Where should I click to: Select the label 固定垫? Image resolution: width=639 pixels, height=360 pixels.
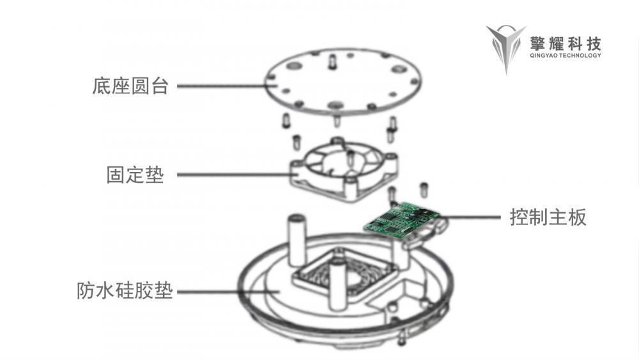(x=135, y=175)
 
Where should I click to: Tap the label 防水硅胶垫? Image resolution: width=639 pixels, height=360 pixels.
(x=125, y=291)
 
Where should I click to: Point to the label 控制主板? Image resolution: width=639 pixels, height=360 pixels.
(x=548, y=217)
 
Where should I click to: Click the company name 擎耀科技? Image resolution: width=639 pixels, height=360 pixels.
(x=566, y=43)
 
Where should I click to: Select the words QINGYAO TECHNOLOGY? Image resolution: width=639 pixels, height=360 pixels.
(x=566, y=56)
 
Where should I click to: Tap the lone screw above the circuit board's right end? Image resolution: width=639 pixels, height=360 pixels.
(x=423, y=189)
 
